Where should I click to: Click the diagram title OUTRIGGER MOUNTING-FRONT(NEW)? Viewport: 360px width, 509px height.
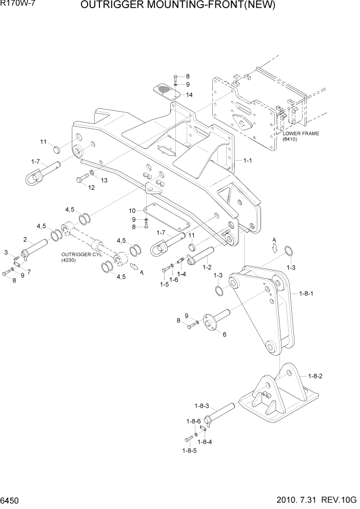tap(178, 6)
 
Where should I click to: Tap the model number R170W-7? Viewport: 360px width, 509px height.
tap(15, 5)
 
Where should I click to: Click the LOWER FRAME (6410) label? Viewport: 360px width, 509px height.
tap(301, 136)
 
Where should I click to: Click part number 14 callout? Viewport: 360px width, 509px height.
tap(189, 95)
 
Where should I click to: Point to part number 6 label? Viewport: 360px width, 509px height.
tap(224, 334)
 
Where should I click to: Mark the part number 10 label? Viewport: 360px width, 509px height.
tap(132, 211)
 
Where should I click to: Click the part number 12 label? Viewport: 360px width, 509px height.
tap(91, 188)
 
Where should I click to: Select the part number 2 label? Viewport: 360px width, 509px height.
tap(25, 239)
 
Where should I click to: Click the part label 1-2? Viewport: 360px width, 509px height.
tap(207, 267)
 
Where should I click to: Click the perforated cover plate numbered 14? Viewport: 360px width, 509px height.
tap(167, 90)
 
